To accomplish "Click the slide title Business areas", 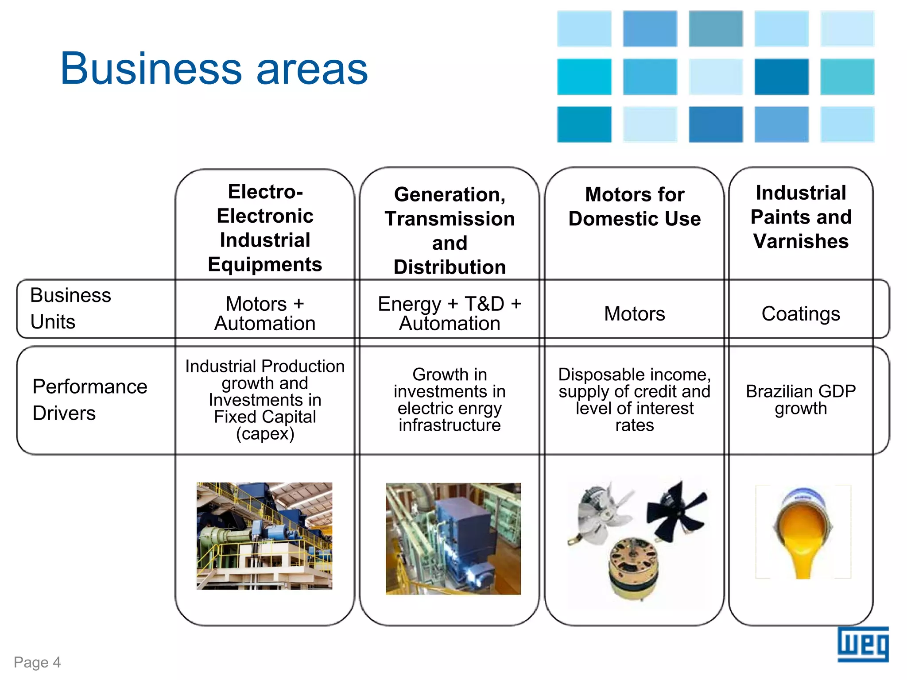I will pyautogui.click(x=214, y=69).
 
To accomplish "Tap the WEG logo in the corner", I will pyautogui.click(x=862, y=644).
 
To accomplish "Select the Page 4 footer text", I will pyautogui.click(x=37, y=662).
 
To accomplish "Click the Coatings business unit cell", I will pyautogui.click(x=800, y=314).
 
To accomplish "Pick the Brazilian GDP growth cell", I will pyautogui.click(x=800, y=400).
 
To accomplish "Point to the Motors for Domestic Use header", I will pyautogui.click(x=634, y=207).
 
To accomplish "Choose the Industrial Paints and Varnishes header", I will pyautogui.click(x=801, y=217).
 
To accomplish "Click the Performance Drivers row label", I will pyautogui.click(x=89, y=400).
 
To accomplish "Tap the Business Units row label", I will pyautogui.click(x=70, y=308).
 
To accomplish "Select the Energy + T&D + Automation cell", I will pyautogui.click(x=450, y=313).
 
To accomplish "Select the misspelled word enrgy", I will pyautogui.click(x=469, y=409).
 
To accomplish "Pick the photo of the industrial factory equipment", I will pyautogui.click(x=264, y=536).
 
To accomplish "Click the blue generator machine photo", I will pyautogui.click(x=453, y=538).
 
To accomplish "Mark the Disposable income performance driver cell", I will pyautogui.click(x=634, y=400).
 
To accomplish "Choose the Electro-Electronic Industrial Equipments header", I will pyautogui.click(x=265, y=228).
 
